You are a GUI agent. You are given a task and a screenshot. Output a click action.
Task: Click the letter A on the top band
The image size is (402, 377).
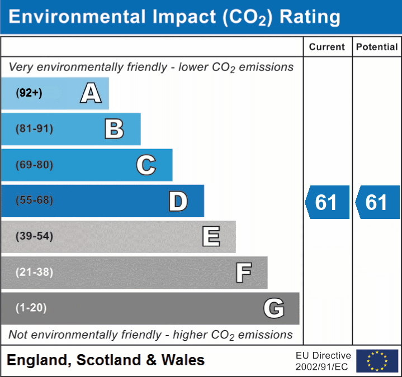tap(91, 93)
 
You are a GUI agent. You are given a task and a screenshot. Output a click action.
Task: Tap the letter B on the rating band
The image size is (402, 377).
tap(114, 129)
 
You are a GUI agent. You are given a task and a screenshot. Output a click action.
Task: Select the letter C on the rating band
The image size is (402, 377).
tap(146, 165)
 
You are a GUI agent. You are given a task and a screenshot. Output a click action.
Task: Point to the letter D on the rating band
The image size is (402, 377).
tap(178, 201)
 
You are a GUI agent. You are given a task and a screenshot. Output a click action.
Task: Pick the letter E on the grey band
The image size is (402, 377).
tap(211, 236)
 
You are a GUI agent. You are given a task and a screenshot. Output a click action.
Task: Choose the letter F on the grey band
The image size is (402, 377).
tap(243, 273)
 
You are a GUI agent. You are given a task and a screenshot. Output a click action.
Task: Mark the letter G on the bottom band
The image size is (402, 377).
tap(274, 308)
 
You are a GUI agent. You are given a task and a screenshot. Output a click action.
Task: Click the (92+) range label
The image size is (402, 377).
tap(29, 93)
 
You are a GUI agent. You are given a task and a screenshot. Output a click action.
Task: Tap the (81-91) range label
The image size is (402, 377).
tap(35, 129)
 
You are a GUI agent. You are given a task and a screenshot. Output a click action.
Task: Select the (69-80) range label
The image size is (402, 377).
tap(35, 165)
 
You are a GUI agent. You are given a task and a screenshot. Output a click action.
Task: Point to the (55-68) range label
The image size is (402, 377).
tap(35, 201)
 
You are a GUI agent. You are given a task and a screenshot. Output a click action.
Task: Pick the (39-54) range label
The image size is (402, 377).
tap(35, 236)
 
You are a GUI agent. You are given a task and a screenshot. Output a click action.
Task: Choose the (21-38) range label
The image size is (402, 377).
tap(35, 272)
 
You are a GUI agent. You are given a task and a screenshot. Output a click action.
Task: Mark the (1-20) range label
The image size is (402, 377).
tap(31, 308)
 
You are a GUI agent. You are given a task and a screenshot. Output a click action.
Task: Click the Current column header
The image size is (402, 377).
tap(327, 47)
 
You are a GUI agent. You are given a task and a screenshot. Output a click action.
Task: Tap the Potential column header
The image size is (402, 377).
tap(377, 47)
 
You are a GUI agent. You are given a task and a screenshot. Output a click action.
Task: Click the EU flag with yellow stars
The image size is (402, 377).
tap(377, 361)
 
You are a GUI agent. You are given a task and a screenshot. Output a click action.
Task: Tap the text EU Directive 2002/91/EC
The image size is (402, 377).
tap(323, 361)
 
